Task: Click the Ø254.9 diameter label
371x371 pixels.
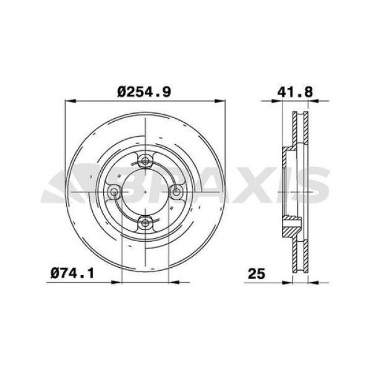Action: pos(144,92)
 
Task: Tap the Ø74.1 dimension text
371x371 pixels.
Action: pos(72,273)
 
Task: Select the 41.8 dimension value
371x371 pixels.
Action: pos(295,92)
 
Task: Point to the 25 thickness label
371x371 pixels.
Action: pos(257,274)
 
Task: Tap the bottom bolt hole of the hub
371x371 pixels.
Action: pos(145,223)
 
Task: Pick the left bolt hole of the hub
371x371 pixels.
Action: pos(114,192)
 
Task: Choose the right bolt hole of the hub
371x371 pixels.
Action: pos(176,192)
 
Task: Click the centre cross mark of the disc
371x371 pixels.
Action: pos(145,192)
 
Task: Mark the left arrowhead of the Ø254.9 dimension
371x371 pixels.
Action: pos(70,101)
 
